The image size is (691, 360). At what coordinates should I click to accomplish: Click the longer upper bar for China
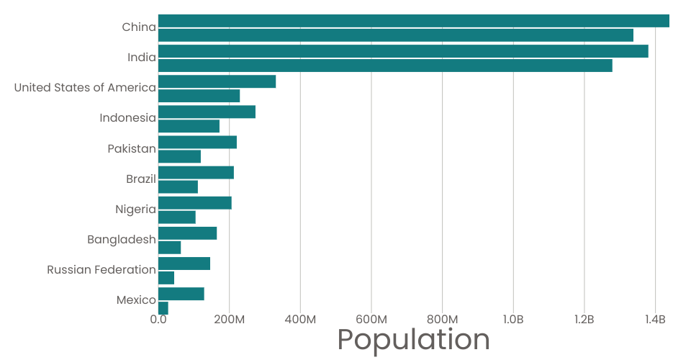pos(413,21)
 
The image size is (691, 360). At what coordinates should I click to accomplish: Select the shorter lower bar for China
pos(395,35)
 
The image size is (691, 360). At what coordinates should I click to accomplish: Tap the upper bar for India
pos(403,51)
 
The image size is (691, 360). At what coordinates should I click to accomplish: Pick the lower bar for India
pos(385,66)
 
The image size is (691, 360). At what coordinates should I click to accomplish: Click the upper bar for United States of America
pos(217,81)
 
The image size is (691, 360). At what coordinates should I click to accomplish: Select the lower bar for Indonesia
pos(189,126)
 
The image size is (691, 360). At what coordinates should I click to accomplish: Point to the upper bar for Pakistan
pos(197,142)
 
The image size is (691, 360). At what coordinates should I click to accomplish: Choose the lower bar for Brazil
pos(178,186)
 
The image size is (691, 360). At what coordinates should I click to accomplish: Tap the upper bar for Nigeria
pos(194,202)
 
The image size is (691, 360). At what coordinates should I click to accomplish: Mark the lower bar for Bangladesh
pos(169,247)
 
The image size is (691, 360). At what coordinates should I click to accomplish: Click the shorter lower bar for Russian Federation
pos(166,277)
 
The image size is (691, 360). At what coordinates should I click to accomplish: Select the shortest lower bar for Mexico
pos(163,307)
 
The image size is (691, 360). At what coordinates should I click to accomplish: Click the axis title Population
pos(413,340)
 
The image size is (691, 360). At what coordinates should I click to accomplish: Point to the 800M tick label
pos(442,319)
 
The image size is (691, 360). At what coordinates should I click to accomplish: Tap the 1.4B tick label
pos(655,319)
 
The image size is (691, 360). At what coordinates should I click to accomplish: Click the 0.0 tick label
pos(158,319)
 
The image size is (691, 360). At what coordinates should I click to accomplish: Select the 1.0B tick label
pos(513,319)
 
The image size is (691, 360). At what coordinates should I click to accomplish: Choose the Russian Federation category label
pos(101,270)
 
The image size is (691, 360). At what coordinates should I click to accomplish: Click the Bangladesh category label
pos(122,240)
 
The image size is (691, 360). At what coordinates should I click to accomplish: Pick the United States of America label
pos(85,88)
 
